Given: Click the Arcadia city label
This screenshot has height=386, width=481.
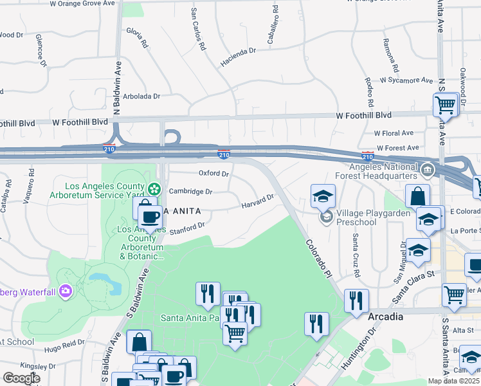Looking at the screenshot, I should tap(385, 317).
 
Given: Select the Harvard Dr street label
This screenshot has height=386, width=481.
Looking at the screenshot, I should tap(258, 201).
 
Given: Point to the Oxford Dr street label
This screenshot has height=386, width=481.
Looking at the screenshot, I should tap(213, 174).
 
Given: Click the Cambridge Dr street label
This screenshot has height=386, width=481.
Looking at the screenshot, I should tap(190, 191).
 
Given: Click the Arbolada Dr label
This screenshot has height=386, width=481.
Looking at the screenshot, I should tap(141, 96).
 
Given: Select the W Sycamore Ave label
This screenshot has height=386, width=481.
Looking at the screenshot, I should tap(406, 80).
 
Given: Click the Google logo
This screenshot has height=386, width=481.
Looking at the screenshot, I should tap(21, 378).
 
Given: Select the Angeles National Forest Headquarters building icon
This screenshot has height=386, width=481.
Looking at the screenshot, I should tap(427, 170).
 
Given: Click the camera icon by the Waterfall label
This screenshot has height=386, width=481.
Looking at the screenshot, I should tap(65, 292).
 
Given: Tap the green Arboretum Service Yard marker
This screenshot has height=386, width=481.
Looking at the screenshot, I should tap(154, 188).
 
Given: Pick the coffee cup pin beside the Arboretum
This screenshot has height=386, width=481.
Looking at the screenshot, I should tap(150, 219).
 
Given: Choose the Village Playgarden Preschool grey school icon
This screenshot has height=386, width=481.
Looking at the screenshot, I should tap(327, 216).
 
